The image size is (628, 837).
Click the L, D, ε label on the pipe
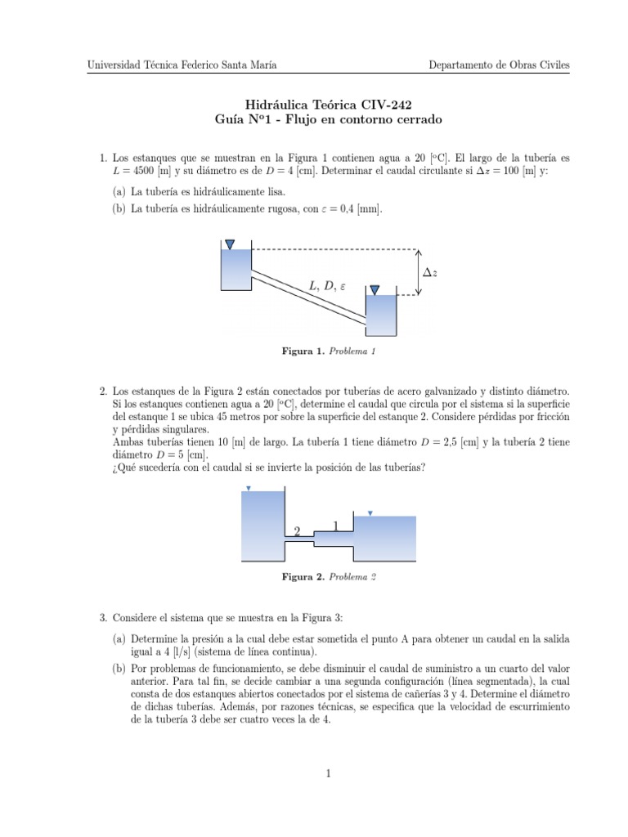[x=327, y=285]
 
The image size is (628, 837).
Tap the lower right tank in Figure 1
[x=380, y=315]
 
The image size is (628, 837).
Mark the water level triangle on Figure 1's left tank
[x=230, y=244]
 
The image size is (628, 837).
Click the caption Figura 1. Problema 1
[x=329, y=352]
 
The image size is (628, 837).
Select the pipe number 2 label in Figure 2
[x=297, y=531]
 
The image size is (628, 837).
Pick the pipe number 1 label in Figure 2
[x=335, y=526]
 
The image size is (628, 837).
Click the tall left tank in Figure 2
[x=261, y=524]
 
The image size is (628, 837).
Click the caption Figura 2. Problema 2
[x=329, y=577]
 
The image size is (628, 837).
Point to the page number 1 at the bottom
[x=327, y=772]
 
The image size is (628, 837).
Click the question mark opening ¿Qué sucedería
[x=114, y=467]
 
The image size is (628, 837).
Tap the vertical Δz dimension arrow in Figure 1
[x=416, y=272]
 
